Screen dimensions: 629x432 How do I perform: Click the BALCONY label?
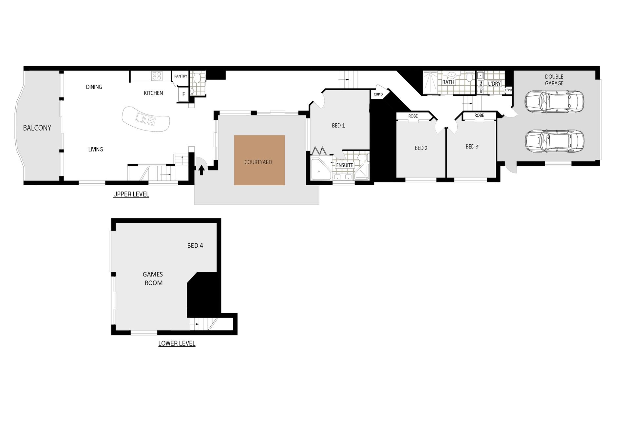point(37,128)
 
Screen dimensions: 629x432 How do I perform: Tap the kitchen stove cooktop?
point(157,76)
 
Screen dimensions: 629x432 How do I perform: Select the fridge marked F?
point(183,94)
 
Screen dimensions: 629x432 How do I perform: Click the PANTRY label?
point(181,76)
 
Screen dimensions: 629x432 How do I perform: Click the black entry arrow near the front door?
point(201,170)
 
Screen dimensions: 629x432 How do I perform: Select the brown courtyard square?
point(259,160)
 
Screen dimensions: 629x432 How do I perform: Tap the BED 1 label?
point(338,126)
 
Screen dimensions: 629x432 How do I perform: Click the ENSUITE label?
point(345,165)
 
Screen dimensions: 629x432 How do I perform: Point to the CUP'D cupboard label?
point(378,94)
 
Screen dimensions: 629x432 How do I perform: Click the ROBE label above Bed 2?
point(413,116)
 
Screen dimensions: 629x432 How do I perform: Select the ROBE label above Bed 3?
point(479,115)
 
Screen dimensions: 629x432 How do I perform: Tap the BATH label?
point(448,82)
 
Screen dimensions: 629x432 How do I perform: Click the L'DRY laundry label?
point(494,84)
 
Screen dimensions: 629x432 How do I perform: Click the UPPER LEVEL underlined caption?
point(131,194)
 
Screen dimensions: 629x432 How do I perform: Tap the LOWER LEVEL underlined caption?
point(177,343)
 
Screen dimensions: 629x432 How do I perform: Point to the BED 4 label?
point(195,245)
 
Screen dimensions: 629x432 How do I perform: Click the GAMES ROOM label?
point(153,278)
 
